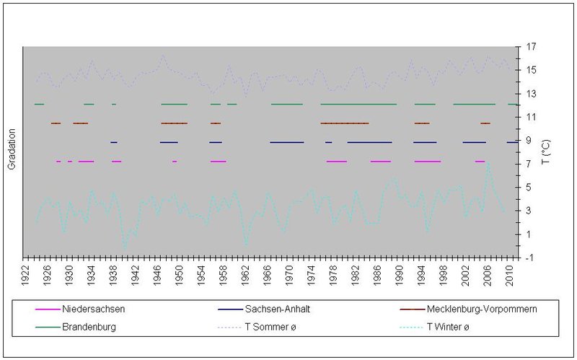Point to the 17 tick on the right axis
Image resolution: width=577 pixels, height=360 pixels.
point(531,47)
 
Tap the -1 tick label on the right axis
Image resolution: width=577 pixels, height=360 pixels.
point(531,258)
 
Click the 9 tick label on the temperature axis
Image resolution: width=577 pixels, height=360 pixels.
point(529,141)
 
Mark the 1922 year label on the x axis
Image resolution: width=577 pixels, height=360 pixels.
point(27,273)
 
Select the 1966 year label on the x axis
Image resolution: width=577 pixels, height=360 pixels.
point(268,273)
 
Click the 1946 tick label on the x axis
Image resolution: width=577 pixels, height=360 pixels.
point(159,273)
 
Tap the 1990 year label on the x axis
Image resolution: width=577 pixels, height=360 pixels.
point(400,273)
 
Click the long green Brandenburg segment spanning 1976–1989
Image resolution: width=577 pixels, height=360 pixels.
point(358,105)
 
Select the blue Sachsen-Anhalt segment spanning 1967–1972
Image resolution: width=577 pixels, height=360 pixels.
point(287,142)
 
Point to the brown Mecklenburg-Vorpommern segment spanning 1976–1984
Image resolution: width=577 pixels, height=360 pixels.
point(345,123)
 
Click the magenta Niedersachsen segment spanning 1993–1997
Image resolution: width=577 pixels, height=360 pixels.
point(427,161)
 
